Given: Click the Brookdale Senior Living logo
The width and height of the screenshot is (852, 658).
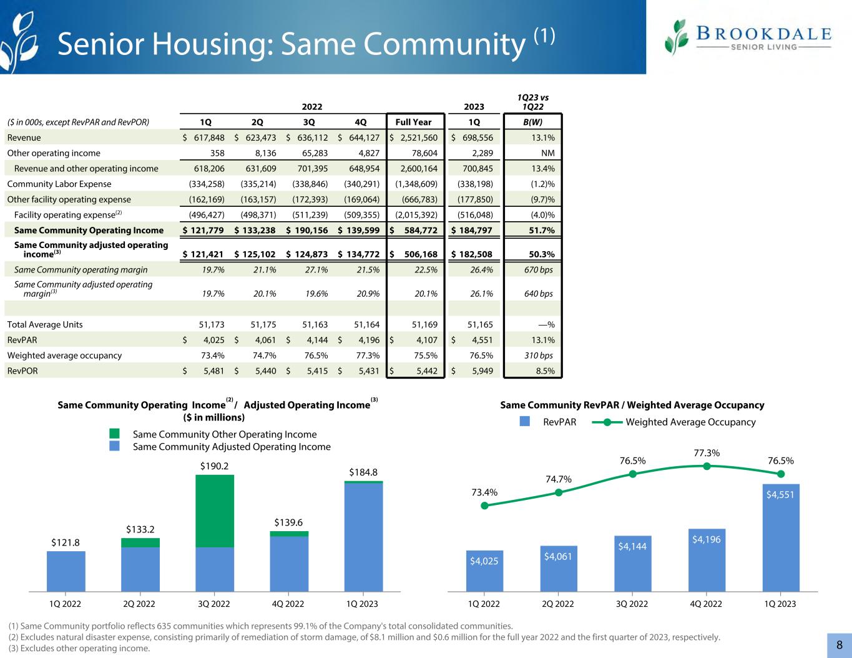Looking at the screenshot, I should coord(748,37).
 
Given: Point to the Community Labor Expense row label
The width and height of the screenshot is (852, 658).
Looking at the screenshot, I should coord(59,184).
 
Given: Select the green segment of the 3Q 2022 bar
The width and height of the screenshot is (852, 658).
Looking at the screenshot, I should coord(215,511).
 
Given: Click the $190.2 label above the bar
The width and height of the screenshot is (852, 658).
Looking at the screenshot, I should coord(214,466).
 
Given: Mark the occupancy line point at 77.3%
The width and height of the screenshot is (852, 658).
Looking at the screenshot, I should coord(707,465).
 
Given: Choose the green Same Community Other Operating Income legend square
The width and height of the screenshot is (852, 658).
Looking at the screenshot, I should coord(114,434).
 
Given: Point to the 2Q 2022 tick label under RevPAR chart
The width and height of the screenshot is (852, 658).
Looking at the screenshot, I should coord(558,604).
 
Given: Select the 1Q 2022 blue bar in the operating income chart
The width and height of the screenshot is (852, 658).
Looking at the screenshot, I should coord(66,571).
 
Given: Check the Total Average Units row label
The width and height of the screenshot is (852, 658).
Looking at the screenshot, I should coord(45,324).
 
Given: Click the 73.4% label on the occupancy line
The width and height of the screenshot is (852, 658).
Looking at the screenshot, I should coord(484,492).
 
